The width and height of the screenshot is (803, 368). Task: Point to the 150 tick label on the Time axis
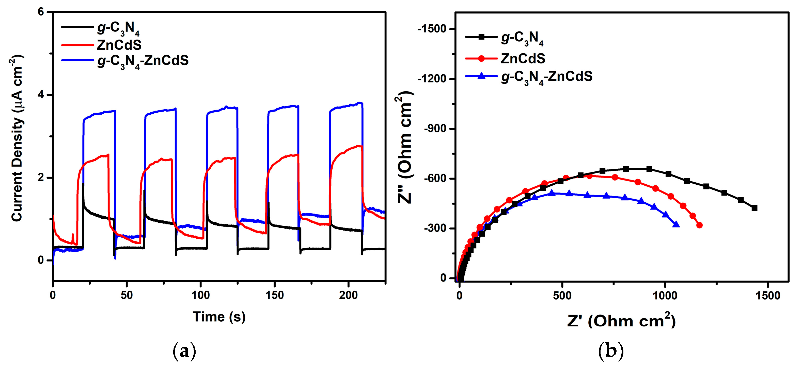coord(274,295)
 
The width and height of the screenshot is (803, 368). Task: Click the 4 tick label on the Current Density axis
coord(41,95)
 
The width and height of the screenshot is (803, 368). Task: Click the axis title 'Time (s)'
coord(219,317)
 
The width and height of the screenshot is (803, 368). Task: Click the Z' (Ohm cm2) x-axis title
coord(621,321)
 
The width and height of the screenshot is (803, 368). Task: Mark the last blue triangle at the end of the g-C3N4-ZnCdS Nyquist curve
coord(676,224)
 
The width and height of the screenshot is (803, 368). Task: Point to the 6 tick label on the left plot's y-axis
coord(41,12)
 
